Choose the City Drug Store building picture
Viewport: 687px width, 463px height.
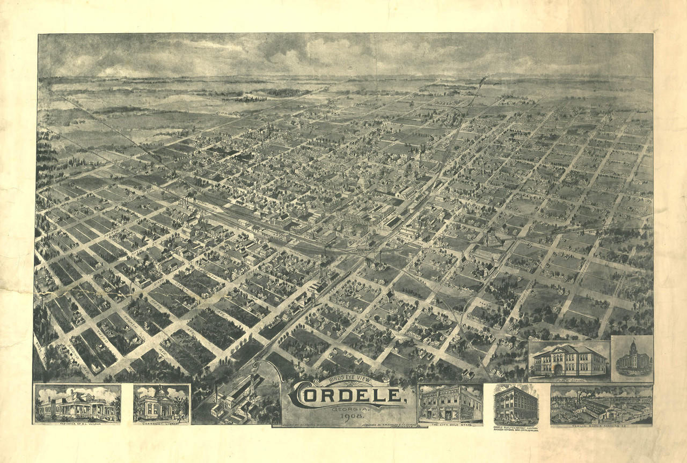(450, 404)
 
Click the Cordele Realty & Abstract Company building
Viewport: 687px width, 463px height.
(515, 405)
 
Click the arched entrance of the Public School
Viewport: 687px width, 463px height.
(558, 370)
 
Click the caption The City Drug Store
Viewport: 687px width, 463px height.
(450, 423)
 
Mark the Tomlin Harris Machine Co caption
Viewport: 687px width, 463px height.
(601, 424)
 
